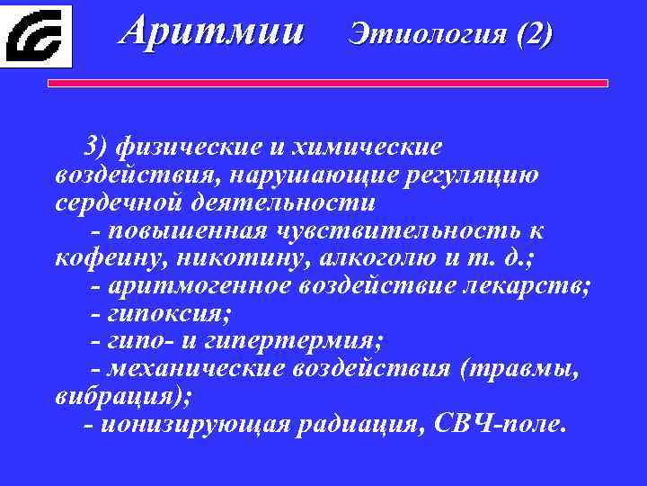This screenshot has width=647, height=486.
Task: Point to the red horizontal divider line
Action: coord(327,84)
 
